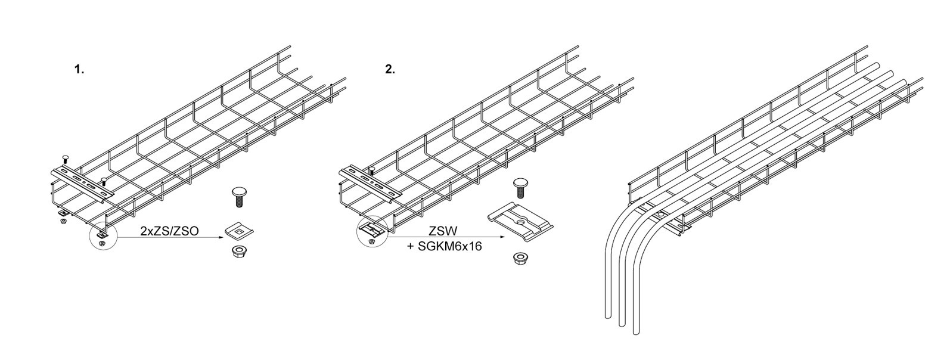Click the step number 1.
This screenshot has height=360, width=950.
tap(79, 70)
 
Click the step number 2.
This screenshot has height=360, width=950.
tap(390, 70)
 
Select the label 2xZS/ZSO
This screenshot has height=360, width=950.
tap(169, 231)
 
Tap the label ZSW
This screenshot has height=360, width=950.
tap(443, 231)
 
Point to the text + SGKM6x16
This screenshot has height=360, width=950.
tap(445, 246)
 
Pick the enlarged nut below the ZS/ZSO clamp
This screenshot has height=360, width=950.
tap(239, 252)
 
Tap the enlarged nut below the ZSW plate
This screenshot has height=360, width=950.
tap(519, 259)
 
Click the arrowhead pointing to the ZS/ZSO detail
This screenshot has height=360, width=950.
tap(220, 237)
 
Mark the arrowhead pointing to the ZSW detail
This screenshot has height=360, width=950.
tap(502, 237)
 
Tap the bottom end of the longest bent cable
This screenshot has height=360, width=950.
tap(637, 333)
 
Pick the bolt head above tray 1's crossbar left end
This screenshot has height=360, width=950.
tap(65, 158)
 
